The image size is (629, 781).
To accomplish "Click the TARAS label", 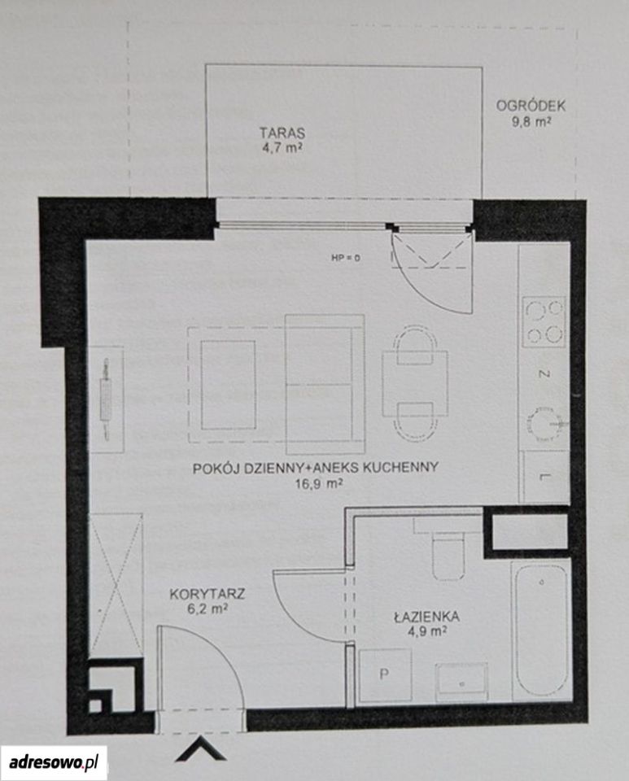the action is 282,133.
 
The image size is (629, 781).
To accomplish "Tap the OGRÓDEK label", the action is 531,106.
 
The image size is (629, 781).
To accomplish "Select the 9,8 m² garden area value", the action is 531,121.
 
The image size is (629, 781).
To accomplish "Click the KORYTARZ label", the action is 207,594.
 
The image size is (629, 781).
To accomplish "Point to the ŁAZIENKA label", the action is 427,617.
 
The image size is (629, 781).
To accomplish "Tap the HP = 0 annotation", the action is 345,258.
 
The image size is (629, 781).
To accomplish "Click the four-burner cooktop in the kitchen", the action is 544,321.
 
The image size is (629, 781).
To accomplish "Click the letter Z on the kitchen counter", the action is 545,373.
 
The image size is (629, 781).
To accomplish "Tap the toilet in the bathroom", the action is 448,551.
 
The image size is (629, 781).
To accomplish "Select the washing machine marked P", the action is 385,674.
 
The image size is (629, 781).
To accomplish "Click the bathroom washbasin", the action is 461,682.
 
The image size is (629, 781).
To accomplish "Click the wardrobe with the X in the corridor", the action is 116,582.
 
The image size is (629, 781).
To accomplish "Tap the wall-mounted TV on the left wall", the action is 107,399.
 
